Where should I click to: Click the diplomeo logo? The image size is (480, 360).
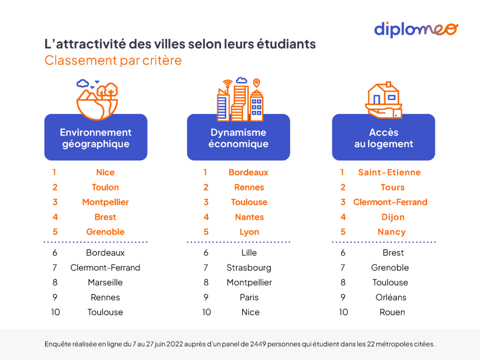(x=416, y=29)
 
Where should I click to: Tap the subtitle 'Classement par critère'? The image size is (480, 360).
(x=113, y=60)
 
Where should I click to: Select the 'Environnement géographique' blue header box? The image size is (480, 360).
(x=96, y=138)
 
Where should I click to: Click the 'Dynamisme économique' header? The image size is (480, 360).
(x=238, y=138)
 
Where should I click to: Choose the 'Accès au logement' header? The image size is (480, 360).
(x=383, y=138)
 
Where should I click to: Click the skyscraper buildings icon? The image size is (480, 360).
(x=240, y=99)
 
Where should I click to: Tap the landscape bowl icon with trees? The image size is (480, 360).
(x=97, y=99)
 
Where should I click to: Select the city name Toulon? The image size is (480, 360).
(x=105, y=187)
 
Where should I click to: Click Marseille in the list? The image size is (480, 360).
(x=105, y=282)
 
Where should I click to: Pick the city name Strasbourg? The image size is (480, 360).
(x=249, y=268)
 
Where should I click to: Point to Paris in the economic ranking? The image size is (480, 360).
(x=249, y=297)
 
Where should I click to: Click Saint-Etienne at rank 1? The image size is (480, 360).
(x=390, y=172)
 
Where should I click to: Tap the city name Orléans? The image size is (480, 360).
(x=391, y=297)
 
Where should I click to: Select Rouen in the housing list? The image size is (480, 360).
(x=392, y=312)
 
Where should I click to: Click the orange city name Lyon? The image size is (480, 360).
(x=249, y=232)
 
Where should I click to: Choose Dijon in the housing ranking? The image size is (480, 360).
(x=393, y=217)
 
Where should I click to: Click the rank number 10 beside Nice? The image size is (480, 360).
(x=207, y=312)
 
